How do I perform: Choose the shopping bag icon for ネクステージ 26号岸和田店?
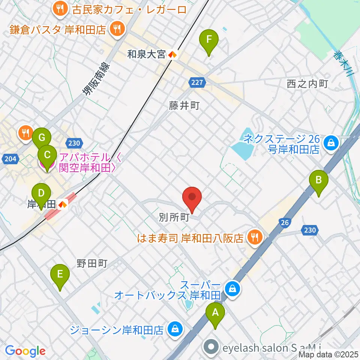[x=331, y=142]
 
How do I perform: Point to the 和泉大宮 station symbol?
[x=172, y=55]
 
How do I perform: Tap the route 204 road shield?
[x=10, y=159]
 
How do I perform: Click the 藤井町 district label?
[x=184, y=106]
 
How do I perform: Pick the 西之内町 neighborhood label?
[x=307, y=84]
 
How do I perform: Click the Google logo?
[x=25, y=351]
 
